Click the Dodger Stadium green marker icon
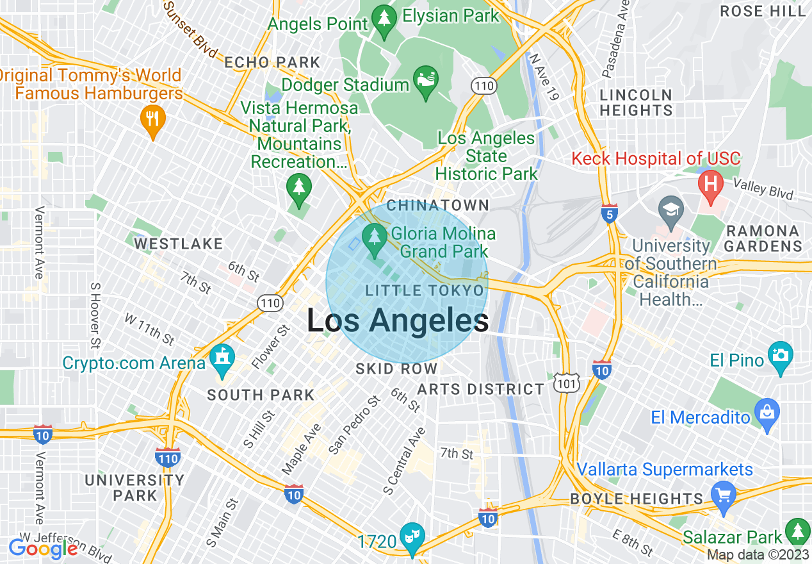[x=425, y=81]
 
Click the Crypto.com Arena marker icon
[x=222, y=360]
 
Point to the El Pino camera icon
[x=782, y=354]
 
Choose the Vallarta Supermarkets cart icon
[x=724, y=495]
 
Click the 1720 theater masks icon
[x=410, y=537]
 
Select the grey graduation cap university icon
[x=670, y=210]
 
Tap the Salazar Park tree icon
[x=797, y=532]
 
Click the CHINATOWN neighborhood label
[x=438, y=206]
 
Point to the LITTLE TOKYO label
[x=425, y=291]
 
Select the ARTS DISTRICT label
[x=480, y=389]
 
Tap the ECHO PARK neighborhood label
[x=272, y=62]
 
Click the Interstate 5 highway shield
[x=610, y=214]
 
